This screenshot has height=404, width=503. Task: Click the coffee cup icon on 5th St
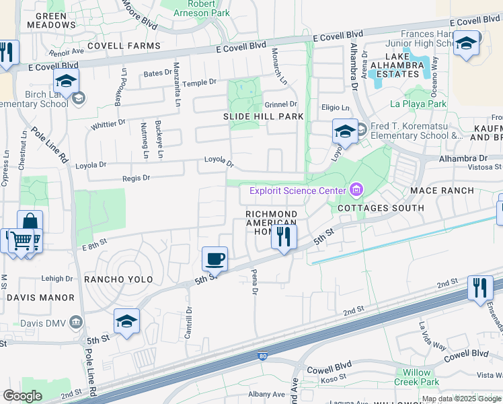pyautogui.click(x=215, y=259)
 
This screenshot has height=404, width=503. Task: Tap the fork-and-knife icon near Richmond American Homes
pyautogui.click(x=284, y=236)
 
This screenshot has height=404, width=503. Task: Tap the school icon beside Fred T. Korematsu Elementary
pyautogui.click(x=344, y=130)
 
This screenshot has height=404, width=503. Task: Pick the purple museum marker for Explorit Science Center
pyautogui.click(x=356, y=191)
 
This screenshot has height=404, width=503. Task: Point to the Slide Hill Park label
pyautogui.click(x=264, y=116)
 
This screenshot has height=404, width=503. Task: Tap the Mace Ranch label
pyautogui.click(x=442, y=191)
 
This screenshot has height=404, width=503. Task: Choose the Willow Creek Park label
pyautogui.click(x=421, y=377)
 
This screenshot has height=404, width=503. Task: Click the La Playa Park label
pyautogui.click(x=418, y=104)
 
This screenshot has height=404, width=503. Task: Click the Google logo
pyautogui.click(x=23, y=396)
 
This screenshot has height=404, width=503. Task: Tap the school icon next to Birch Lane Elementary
pyautogui.click(x=66, y=81)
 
